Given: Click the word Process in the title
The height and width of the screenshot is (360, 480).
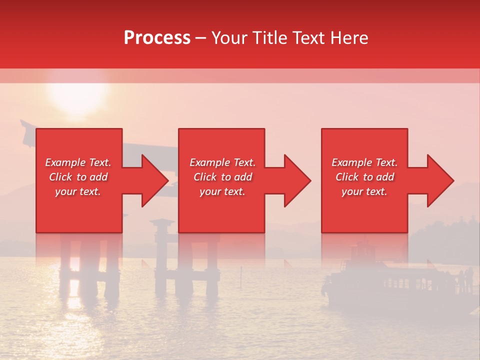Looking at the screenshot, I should click(157, 38).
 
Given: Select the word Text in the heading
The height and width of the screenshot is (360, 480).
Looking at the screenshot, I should click(306, 38).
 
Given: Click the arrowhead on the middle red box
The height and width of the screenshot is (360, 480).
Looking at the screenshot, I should click(296, 180).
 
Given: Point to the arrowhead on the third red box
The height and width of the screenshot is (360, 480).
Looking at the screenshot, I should click(439, 180).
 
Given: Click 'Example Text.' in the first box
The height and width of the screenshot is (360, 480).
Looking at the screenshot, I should click(78, 162).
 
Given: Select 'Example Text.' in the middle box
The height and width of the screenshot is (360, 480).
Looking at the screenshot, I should click(222, 162).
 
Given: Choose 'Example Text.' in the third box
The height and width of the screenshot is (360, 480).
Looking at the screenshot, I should click(364, 162).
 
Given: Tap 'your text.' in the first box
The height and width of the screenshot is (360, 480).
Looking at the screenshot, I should click(78, 191).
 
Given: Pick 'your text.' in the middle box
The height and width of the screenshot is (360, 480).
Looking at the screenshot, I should click(222, 191).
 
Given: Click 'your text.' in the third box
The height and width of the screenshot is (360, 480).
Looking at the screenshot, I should click(364, 191).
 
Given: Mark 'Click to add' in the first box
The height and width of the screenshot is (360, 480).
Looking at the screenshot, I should click(78, 177).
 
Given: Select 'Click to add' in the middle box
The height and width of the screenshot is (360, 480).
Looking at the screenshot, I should click(222, 177).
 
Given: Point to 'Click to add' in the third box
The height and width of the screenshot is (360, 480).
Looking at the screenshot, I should click(364, 177).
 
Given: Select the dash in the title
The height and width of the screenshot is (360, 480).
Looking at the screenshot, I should click(200, 38).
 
